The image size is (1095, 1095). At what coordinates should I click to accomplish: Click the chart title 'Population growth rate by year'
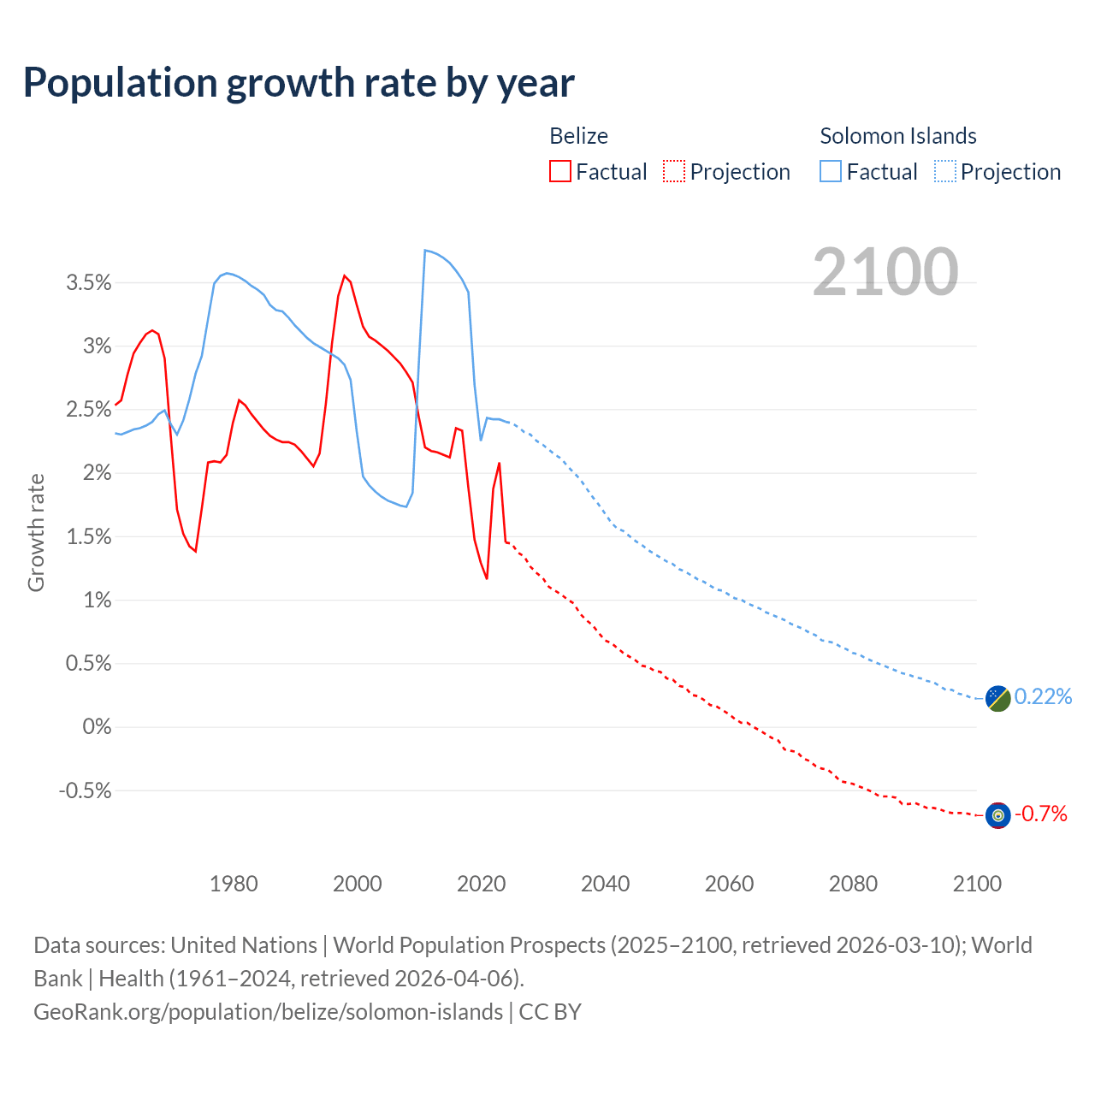[299, 83]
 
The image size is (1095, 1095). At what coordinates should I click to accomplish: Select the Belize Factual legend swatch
[559, 171]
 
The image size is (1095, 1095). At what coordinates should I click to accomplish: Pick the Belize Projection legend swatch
[673, 171]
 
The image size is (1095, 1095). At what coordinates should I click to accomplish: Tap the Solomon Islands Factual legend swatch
[830, 171]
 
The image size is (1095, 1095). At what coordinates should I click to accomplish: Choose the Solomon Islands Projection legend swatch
[944, 171]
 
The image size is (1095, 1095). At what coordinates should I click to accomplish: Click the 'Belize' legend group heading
[578, 136]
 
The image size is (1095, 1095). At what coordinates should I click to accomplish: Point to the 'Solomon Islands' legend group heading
[897, 136]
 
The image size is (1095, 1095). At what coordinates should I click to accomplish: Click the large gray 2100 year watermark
[885, 272]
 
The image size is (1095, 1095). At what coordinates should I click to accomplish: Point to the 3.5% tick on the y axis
[89, 283]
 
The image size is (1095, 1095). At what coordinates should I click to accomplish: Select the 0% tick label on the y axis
[97, 727]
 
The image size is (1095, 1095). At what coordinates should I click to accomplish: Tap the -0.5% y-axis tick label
[86, 790]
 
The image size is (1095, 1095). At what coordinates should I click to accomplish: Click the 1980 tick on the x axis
[234, 884]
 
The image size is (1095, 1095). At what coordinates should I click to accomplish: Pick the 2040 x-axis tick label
[605, 884]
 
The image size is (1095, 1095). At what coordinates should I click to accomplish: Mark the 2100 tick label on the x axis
[977, 884]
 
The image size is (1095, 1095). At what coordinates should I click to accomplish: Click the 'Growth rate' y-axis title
[36, 532]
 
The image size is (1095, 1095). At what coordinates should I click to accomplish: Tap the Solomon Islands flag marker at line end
[997, 698]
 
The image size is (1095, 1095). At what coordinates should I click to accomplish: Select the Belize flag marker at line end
[997, 815]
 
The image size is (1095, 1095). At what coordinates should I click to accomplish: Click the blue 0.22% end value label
[1043, 697]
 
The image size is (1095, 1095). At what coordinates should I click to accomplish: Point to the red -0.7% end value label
[1040, 814]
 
